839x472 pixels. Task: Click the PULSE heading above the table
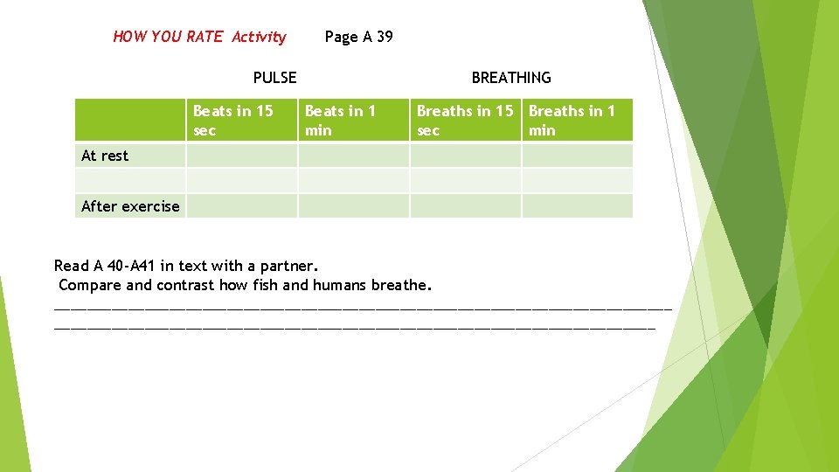click(x=274, y=78)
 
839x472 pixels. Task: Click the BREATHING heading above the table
click(x=511, y=78)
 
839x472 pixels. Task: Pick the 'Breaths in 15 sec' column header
click(x=465, y=121)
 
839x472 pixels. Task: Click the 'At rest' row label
click(x=105, y=156)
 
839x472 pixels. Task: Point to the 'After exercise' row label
click(x=129, y=206)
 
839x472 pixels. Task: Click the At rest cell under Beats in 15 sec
click(x=241, y=156)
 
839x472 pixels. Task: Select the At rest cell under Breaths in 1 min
click(x=577, y=156)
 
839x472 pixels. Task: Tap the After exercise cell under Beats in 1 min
click(x=353, y=206)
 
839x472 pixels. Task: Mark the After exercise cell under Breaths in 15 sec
click(x=465, y=206)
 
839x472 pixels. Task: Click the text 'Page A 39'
click(x=358, y=37)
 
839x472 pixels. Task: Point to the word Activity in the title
click(x=259, y=37)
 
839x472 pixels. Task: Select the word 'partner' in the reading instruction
click(x=291, y=266)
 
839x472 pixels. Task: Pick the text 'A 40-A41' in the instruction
click(x=124, y=266)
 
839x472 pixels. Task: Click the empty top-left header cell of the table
click(x=129, y=121)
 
